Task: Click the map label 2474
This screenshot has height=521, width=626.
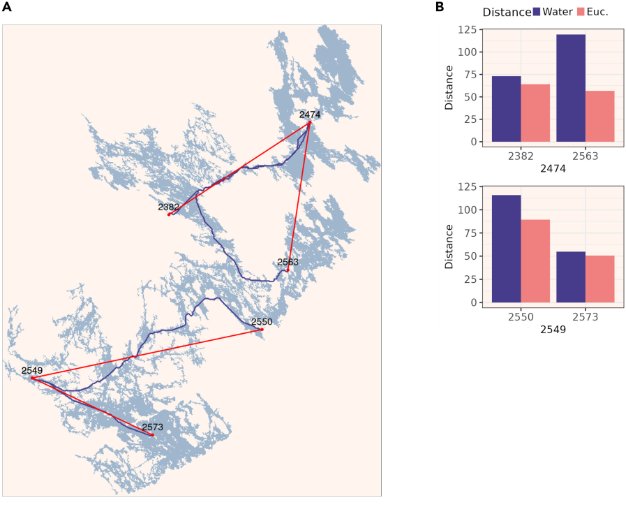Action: (310, 115)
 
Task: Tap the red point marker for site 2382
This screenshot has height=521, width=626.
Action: (169, 214)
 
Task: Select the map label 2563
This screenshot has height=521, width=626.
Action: (288, 262)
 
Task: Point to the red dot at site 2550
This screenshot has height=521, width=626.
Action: (262, 330)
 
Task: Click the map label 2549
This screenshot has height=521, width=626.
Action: (32, 370)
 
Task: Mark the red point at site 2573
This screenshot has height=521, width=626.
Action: (153, 434)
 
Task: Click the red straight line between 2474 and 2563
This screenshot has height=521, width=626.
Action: (299, 196)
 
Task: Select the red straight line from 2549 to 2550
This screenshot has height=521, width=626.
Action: (147, 353)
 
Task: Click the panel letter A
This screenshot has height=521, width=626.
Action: (6, 7)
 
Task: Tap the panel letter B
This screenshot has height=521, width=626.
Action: (440, 7)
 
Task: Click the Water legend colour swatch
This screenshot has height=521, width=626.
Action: (537, 12)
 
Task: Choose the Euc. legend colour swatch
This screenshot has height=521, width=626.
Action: (581, 12)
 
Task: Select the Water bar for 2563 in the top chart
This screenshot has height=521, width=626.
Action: (571, 88)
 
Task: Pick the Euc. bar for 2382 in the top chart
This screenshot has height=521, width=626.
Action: (535, 113)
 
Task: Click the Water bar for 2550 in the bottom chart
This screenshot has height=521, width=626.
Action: (506, 249)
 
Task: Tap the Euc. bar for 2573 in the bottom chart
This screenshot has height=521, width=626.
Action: (600, 279)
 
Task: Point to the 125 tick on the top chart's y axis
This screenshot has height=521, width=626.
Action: (467, 29)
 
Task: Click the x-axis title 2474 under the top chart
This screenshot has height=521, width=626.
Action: (553, 168)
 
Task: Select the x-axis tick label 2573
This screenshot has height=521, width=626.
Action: (586, 317)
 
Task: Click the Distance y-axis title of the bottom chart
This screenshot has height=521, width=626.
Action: (449, 247)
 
